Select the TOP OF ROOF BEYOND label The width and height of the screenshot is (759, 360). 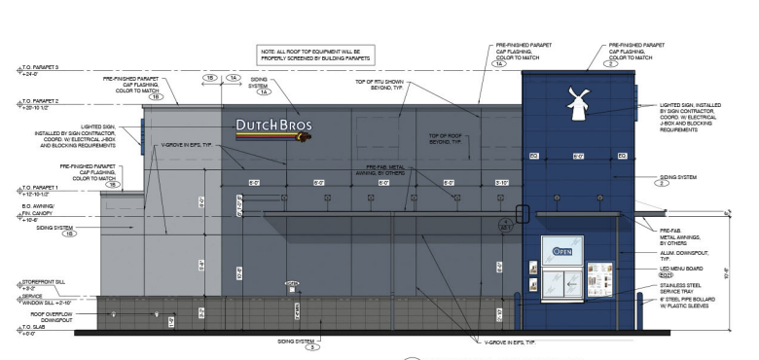(449, 139)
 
